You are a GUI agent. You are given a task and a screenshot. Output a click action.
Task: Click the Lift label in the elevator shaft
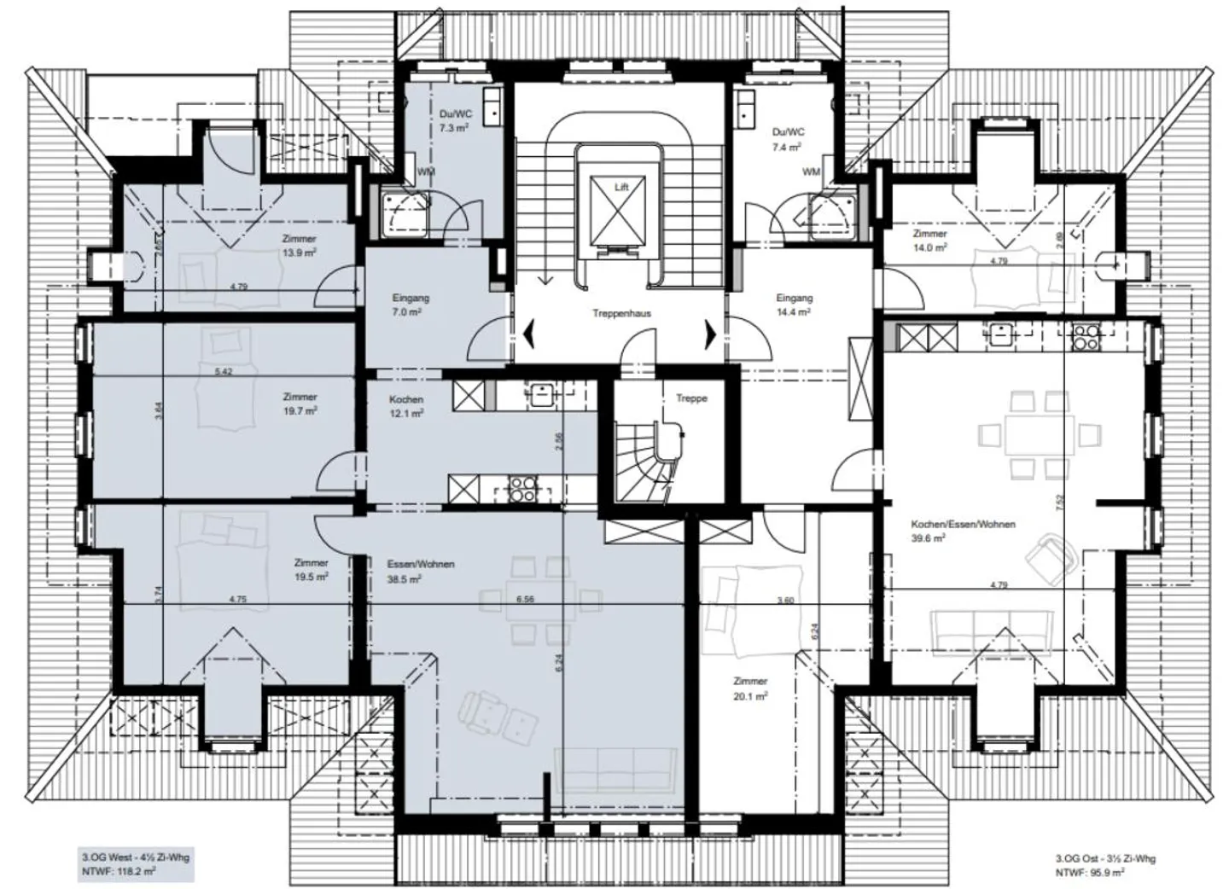point(620,186)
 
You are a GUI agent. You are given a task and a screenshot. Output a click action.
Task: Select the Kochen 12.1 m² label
point(406,406)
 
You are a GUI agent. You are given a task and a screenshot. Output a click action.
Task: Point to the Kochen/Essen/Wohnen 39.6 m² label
point(963,531)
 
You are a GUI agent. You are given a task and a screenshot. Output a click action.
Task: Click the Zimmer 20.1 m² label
point(750,689)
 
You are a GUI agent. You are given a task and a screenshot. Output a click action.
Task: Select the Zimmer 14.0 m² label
point(929,241)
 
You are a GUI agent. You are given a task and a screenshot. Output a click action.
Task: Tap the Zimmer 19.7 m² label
point(300,404)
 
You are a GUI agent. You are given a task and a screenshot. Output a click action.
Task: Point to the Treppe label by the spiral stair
point(691,398)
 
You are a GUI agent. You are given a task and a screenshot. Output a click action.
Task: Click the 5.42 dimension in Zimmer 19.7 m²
point(224,371)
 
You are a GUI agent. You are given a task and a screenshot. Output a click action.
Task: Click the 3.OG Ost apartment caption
point(1104,865)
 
